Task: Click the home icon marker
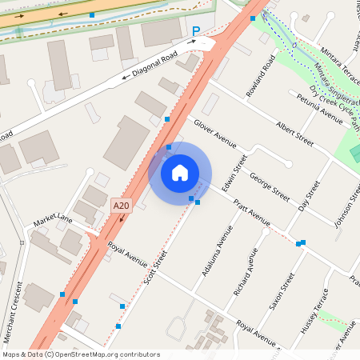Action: [180, 172]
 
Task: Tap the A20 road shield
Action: [121, 206]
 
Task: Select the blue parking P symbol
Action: [196, 32]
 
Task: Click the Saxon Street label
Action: [281, 293]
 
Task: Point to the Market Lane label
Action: [53, 221]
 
